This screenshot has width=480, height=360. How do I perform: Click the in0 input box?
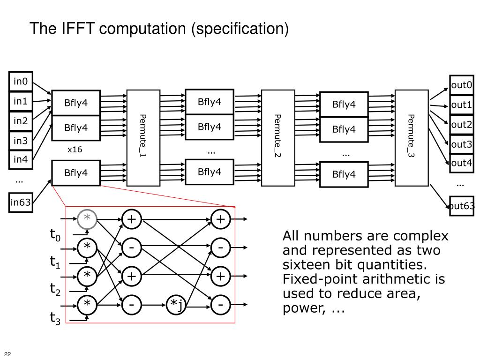pos(21,82)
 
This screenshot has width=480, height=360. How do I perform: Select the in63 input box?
pos(21,202)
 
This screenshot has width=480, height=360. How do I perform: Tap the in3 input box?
pos(21,141)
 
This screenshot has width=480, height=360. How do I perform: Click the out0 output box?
pos(461,85)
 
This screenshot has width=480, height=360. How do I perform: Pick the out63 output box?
pos(461,206)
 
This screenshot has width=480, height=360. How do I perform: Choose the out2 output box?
pos(461,125)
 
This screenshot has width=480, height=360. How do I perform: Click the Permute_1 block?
pos(143,138)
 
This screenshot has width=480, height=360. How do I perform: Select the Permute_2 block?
pos(277,138)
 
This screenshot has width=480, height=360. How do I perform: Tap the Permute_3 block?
pos(412,138)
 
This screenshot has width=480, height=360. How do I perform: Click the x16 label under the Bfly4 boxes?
pos(75,150)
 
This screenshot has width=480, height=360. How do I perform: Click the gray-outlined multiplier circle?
pos(87,219)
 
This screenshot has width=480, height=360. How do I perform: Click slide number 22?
pos(7,353)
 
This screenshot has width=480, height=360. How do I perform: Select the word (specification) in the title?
pos(240,29)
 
